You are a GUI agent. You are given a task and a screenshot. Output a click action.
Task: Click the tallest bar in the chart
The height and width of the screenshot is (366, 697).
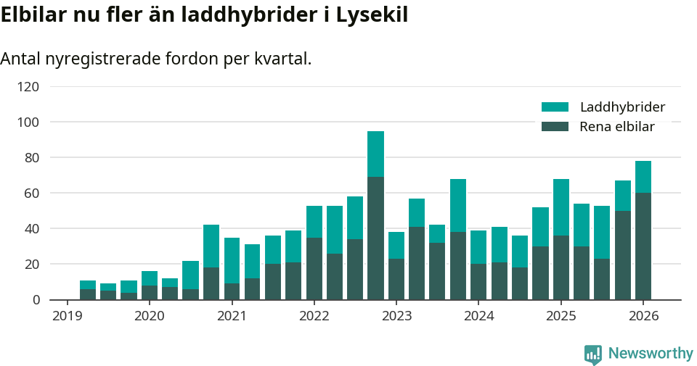point(375,215)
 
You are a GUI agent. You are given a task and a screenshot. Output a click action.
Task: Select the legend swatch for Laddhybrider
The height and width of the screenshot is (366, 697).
point(555,107)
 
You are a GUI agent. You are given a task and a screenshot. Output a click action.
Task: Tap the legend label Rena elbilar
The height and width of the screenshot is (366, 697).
point(617,127)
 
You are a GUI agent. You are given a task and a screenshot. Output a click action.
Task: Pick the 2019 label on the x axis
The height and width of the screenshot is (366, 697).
point(67,316)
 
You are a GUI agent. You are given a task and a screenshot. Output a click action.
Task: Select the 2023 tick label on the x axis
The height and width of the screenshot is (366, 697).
point(396,316)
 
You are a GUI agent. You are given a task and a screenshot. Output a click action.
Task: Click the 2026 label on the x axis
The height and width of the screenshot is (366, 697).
point(643,316)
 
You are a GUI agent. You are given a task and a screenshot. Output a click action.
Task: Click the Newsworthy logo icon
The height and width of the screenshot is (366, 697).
point(593,354)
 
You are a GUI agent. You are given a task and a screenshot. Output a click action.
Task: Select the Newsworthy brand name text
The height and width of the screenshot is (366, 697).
point(651,354)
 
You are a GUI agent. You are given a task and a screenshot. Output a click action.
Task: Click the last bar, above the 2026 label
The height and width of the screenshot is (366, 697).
point(643,230)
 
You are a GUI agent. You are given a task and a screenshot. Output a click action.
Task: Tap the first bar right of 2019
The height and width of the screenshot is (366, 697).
point(88,290)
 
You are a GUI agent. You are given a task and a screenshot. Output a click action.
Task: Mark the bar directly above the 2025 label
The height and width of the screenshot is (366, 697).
point(561,239)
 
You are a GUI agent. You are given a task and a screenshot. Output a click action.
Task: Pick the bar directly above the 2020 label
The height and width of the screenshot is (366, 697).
point(150,286)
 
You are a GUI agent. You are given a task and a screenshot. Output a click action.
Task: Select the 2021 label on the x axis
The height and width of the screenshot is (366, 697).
point(232,316)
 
